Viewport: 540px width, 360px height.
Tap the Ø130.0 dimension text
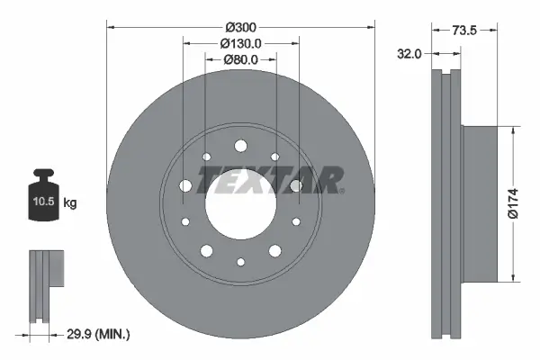[x=240, y=41]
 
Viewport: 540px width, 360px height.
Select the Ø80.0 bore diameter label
[x=240, y=60]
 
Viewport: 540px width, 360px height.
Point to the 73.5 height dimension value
[x=464, y=30]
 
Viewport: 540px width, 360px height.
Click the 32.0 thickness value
[x=409, y=54]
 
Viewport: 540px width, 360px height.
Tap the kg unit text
[x=70, y=203]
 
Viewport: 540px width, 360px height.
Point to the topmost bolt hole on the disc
[x=240, y=145]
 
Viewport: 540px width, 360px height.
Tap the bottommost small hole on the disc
[x=240, y=262]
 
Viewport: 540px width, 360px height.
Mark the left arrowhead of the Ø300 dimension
[x=110, y=26]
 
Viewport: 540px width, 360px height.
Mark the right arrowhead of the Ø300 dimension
[x=370, y=26]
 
